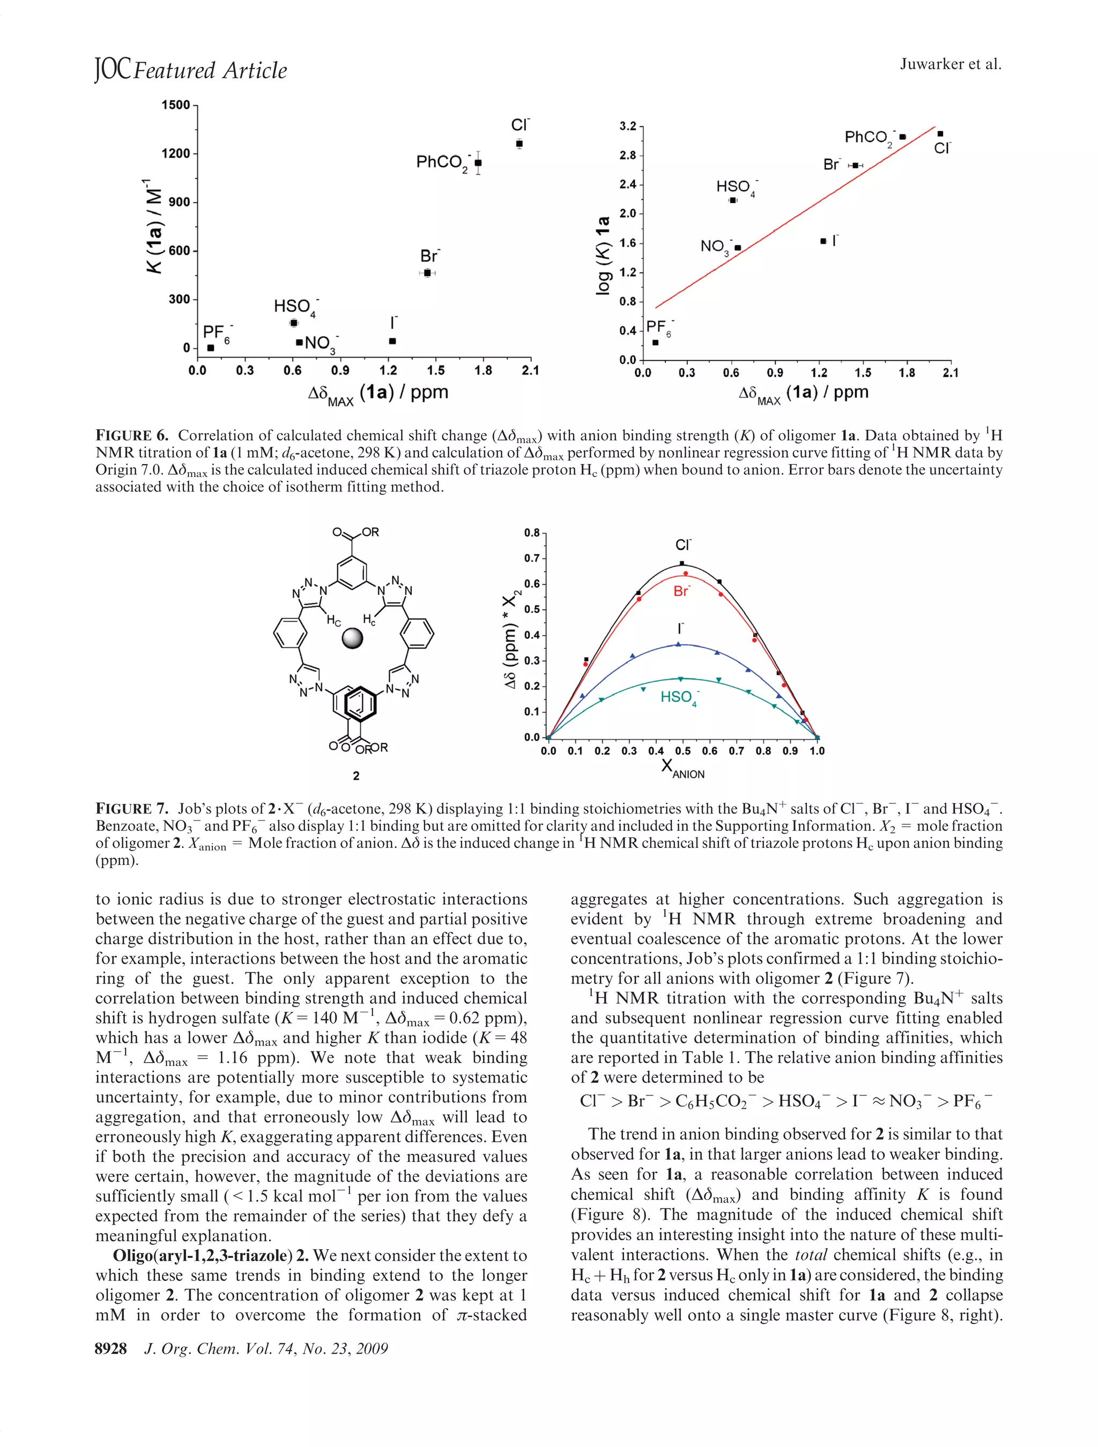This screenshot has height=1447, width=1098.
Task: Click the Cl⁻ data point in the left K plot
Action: tap(519, 143)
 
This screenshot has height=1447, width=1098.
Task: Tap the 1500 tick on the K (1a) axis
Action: tap(175, 105)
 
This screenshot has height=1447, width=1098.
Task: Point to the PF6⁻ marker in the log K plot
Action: tap(655, 342)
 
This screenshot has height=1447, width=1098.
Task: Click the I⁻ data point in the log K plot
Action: tap(822, 241)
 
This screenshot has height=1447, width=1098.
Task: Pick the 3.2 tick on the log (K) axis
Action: tap(627, 125)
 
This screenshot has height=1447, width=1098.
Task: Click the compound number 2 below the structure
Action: tap(356, 776)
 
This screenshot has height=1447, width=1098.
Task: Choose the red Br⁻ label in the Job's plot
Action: tap(681, 591)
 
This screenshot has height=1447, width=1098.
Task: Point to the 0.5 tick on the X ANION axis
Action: tap(682, 751)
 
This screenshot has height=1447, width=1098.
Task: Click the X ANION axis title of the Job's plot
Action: tap(682, 768)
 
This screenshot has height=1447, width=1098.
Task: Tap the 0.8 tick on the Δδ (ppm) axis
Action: tap(531, 533)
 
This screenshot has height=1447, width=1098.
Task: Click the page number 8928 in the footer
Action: tap(110, 1348)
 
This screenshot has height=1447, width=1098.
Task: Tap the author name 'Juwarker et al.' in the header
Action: tap(949, 64)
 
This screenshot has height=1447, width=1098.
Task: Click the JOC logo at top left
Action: tap(112, 69)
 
